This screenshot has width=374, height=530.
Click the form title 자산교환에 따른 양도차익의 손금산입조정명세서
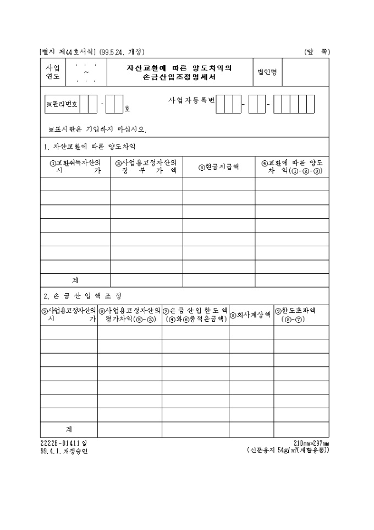click(x=179, y=73)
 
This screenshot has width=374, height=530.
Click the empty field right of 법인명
click(x=305, y=73)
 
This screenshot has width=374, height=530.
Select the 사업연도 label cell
click(x=52, y=73)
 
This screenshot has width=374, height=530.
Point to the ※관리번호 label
click(x=62, y=104)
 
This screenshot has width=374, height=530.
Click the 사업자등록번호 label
click(x=191, y=101)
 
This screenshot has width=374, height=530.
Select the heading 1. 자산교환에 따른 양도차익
click(x=89, y=147)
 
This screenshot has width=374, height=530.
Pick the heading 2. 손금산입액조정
click(x=83, y=296)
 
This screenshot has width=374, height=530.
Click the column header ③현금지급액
click(x=218, y=167)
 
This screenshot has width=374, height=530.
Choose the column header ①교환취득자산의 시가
click(x=75, y=166)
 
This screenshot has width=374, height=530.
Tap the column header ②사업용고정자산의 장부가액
click(x=146, y=166)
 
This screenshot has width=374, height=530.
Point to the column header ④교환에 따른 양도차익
click(x=292, y=166)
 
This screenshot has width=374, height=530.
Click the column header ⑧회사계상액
click(x=251, y=315)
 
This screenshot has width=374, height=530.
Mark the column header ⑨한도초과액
click(x=301, y=315)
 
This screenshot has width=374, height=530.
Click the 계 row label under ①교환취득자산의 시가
click(x=75, y=280)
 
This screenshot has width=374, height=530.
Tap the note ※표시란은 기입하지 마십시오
click(x=97, y=129)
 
